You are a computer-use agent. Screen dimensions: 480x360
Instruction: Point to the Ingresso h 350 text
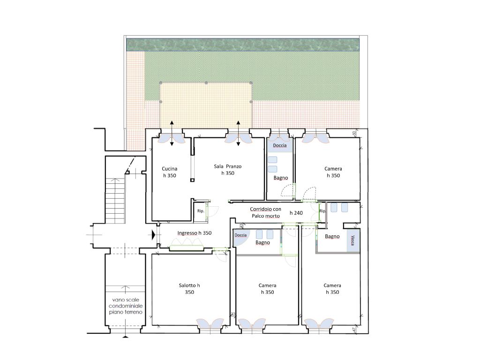[195, 233]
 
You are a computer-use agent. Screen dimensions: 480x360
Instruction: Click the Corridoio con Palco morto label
[265, 212]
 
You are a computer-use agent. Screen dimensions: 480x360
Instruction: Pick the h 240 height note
[296, 213]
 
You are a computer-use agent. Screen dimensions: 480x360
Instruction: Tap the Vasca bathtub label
[352, 240]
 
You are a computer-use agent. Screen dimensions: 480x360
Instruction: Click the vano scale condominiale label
[126, 306]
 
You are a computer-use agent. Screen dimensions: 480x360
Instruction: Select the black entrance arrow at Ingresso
[154, 235]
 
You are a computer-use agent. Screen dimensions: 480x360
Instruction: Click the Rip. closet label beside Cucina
[201, 211]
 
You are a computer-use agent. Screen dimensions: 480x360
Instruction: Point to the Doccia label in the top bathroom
[280, 145]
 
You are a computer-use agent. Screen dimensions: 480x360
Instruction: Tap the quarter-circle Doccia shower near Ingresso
[241, 238]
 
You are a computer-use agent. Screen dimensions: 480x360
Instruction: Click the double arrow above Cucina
[172, 133]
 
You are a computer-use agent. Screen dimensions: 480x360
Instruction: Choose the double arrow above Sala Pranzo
[238, 133]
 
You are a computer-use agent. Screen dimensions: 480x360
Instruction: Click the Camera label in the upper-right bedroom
[333, 169]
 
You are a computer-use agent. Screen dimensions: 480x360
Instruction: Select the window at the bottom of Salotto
[210, 324]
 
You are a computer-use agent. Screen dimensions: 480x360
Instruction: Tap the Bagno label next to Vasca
[332, 236]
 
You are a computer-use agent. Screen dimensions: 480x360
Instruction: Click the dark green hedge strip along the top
[243, 45]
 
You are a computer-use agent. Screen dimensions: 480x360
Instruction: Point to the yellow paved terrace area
[206, 105]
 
